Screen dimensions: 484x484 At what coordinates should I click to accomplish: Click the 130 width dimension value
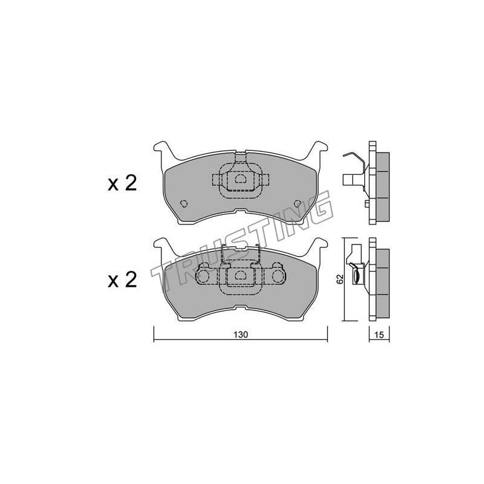point(241,335)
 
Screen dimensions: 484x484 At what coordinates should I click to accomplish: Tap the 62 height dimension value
point(339,279)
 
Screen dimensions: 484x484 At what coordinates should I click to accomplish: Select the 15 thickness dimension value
point(379,335)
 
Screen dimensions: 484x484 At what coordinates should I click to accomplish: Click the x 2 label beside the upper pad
point(122,184)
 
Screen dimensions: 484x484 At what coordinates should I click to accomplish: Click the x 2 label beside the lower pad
point(122,280)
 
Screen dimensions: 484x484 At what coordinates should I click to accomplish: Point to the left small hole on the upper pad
point(184,203)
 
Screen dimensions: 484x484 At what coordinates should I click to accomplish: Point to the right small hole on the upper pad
point(298,203)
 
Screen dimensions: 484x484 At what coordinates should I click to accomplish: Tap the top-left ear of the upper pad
point(161,148)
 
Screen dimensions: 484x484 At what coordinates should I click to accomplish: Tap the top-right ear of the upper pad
point(320,148)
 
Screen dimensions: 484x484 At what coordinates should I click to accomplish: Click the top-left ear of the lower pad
point(161,244)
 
